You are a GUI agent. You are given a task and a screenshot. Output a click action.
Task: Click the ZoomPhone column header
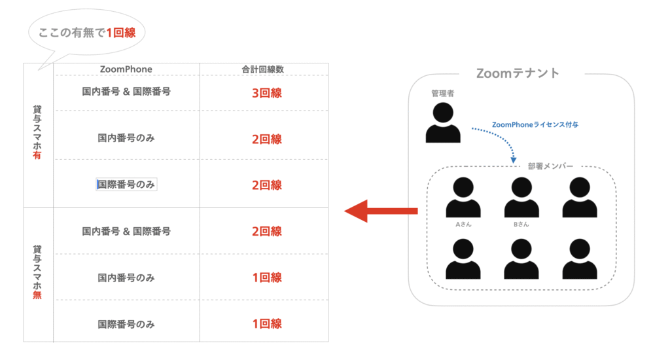pyautogui.click(x=126, y=69)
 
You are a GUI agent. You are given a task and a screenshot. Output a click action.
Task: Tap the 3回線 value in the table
pyautogui.click(x=266, y=93)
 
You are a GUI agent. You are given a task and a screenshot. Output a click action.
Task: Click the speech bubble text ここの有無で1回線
pyautogui.click(x=87, y=32)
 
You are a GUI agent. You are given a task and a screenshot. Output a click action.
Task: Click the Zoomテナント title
pyautogui.click(x=518, y=73)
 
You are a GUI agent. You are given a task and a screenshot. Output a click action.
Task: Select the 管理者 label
pyautogui.click(x=443, y=94)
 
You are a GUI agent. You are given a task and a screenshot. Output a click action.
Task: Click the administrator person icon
pyautogui.click(x=443, y=122)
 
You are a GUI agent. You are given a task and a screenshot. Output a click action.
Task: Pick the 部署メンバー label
pyautogui.click(x=550, y=166)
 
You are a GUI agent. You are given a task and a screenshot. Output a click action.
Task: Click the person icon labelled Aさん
pyautogui.click(x=463, y=197)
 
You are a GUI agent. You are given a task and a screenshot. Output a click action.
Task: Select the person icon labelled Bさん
pyautogui.click(x=521, y=197)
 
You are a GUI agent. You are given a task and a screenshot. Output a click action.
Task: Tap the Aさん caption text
pyautogui.click(x=463, y=224)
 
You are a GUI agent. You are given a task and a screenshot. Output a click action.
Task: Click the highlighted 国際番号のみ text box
pyautogui.click(x=126, y=185)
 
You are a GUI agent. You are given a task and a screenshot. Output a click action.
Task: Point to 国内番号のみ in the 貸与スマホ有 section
pyautogui.click(x=126, y=138)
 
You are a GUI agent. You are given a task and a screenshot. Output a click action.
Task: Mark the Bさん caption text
pyautogui.click(x=521, y=224)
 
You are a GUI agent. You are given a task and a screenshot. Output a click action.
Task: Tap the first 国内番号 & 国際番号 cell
pyautogui.click(x=126, y=92)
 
